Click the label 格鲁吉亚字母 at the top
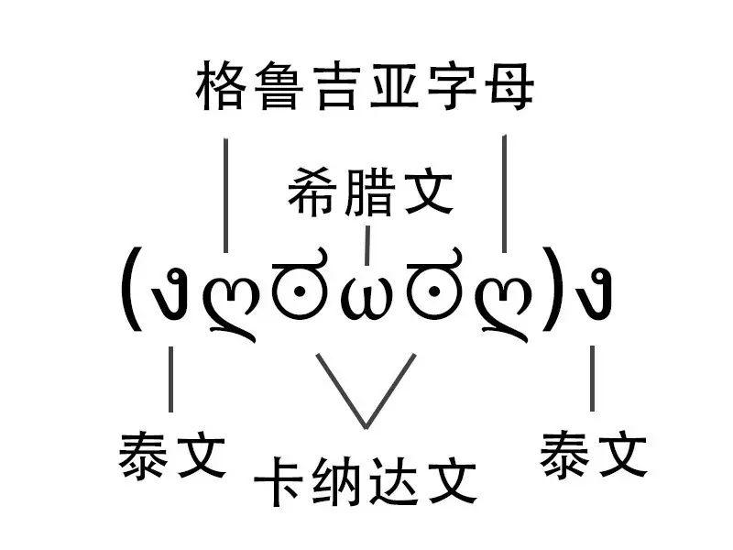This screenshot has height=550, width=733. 366,90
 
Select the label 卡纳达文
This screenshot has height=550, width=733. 366,480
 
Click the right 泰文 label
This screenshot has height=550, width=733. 593,456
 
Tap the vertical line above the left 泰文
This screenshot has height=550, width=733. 171,379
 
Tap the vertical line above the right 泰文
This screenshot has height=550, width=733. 593,379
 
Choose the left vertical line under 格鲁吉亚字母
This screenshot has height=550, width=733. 226,192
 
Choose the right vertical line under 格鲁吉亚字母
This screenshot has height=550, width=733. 505,192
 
